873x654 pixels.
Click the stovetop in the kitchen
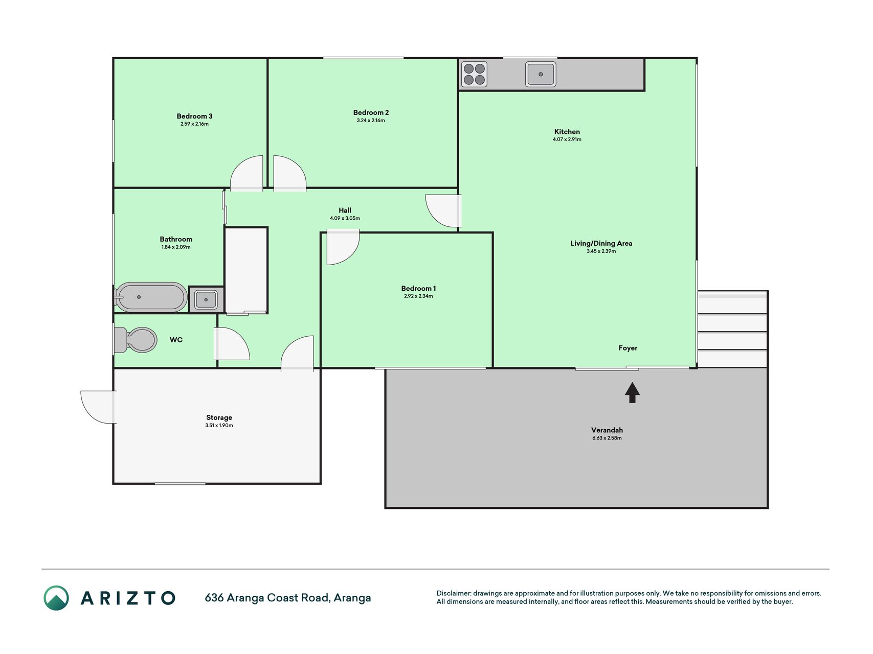[474, 74]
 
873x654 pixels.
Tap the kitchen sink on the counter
[541, 74]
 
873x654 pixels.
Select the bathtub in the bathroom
[151, 297]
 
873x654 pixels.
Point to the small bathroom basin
[206, 299]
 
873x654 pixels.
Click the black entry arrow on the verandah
[632, 392]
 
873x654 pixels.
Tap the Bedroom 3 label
[194, 116]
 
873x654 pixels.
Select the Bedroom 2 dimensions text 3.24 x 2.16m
[371, 121]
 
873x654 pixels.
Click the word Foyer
[628, 348]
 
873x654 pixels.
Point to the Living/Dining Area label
[601, 243]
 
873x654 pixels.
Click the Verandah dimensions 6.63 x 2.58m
[607, 438]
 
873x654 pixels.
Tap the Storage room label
[219, 417]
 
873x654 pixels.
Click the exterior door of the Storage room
[98, 407]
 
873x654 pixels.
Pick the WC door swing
[232, 343]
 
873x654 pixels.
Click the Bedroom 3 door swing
[247, 173]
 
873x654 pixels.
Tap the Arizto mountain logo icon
[56, 598]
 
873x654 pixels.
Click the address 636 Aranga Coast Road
[266, 598]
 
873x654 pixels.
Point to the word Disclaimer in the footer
[453, 593]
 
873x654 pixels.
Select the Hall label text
[345, 210]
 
